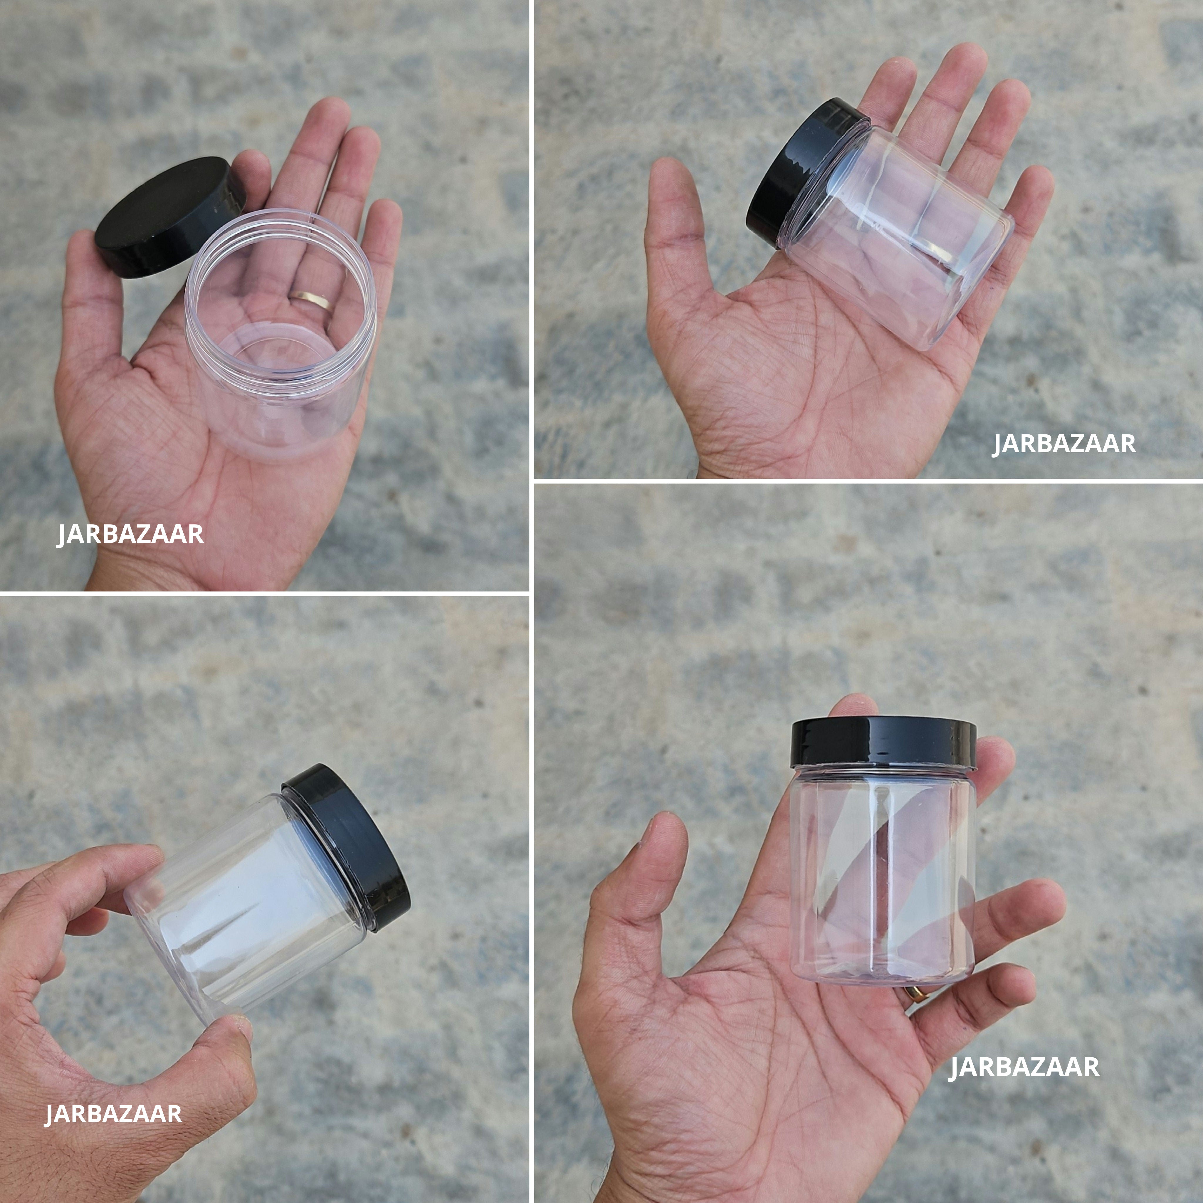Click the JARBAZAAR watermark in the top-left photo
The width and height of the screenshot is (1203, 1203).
click(x=130, y=534)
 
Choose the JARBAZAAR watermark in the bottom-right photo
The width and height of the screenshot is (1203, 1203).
click(x=1024, y=1067)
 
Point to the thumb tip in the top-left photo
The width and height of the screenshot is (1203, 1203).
click(x=81, y=249)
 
